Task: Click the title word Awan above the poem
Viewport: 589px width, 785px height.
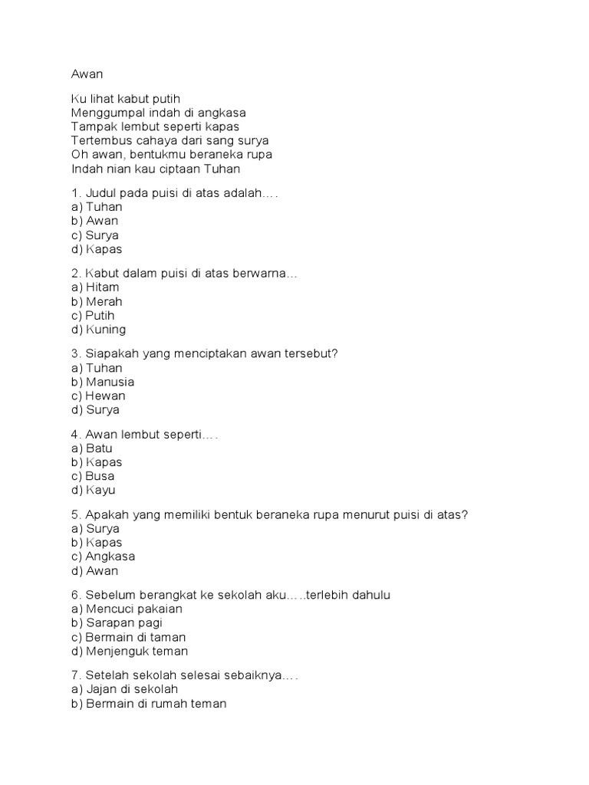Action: (86, 74)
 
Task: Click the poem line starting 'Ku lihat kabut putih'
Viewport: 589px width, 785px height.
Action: (125, 99)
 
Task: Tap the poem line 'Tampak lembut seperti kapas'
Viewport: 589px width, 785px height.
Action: (155, 126)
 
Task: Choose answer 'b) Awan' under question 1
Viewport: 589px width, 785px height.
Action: (94, 221)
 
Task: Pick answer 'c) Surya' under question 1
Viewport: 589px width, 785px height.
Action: (94, 235)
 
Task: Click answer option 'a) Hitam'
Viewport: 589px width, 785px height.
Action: (95, 287)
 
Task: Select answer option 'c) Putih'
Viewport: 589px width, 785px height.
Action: (96, 316)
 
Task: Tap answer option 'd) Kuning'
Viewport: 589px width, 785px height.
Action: (98, 330)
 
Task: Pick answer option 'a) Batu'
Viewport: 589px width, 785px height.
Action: (92, 448)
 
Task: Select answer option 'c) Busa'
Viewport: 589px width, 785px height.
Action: (92, 476)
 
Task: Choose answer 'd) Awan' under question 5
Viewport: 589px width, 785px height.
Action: (94, 571)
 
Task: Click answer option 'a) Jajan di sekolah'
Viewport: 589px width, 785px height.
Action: (124, 690)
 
